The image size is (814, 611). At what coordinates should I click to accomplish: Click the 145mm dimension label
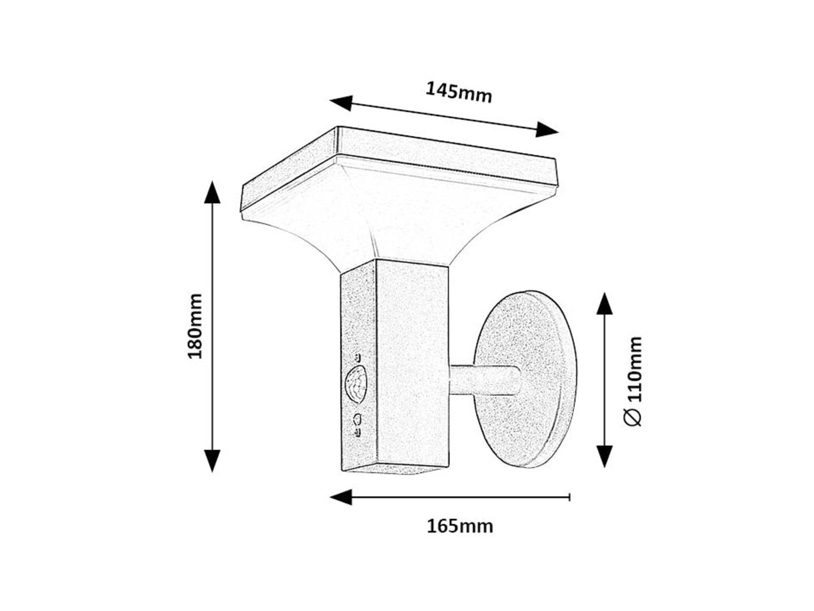[459, 93]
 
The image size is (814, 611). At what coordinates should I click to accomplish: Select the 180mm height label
[194, 326]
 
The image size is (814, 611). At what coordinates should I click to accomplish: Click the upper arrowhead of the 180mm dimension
[212, 192]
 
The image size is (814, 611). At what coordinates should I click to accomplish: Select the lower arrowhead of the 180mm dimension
[212, 461]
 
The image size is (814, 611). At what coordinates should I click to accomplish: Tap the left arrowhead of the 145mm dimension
[341, 103]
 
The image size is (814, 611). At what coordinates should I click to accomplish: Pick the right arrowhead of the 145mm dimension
[547, 129]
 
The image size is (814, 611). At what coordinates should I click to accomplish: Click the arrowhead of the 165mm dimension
[341, 497]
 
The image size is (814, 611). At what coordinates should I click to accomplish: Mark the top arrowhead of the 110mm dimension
[605, 303]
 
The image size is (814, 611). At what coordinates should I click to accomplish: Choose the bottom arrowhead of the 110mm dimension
[605, 456]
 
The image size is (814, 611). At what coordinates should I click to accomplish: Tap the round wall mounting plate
[525, 379]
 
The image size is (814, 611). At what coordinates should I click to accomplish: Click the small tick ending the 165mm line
[569, 497]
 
